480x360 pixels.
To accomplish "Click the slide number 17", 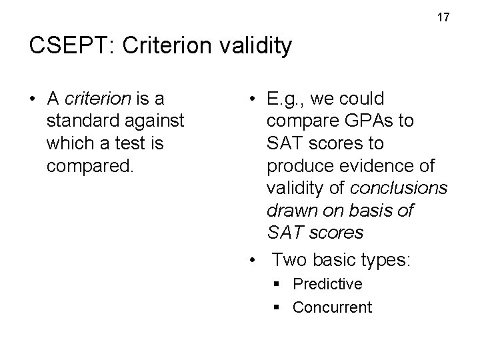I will coord(444,17).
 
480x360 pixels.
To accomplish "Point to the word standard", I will coord(78,121).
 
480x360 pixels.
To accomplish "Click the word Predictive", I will coord(327,284).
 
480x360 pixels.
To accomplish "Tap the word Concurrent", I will coord(332,307).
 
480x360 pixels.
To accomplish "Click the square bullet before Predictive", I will coord(277,285).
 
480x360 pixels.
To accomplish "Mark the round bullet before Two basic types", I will coord(252,259).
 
